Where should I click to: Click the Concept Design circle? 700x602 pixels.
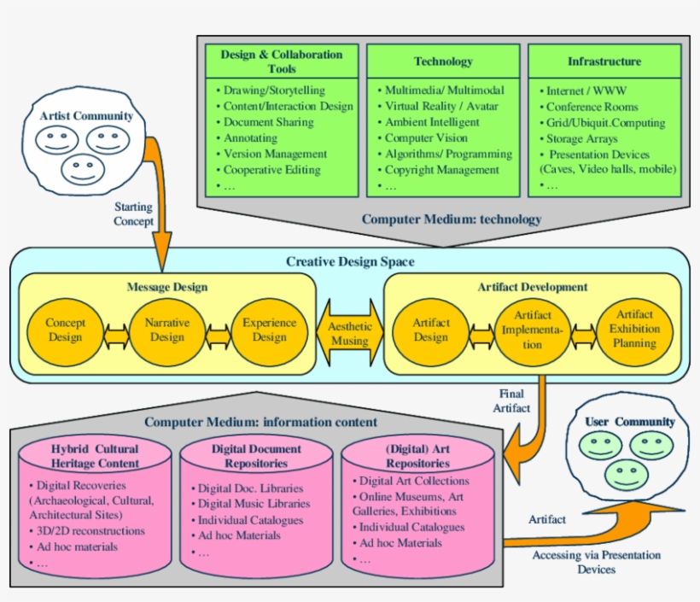pyautogui.click(x=65, y=330)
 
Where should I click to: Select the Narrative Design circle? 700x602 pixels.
pyautogui.click(x=167, y=330)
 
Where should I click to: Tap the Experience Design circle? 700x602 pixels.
pyautogui.click(x=270, y=330)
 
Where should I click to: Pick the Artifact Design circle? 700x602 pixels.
pyautogui.click(x=431, y=330)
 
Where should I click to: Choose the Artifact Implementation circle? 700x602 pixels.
pyautogui.click(x=533, y=330)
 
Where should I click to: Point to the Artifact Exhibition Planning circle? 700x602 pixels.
pyautogui.click(x=634, y=330)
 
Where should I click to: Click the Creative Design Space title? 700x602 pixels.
pyautogui.click(x=350, y=261)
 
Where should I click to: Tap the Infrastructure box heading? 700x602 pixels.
pyautogui.click(x=604, y=61)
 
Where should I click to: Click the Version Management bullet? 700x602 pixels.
pyautogui.click(x=274, y=154)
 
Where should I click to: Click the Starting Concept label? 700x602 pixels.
pyautogui.click(x=134, y=214)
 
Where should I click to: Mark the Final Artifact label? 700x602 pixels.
pyautogui.click(x=513, y=400)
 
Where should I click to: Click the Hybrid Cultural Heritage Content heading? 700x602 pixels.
pyautogui.click(x=94, y=456)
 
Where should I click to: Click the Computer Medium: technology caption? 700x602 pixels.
pyautogui.click(x=452, y=219)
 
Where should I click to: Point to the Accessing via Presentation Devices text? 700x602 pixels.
pyautogui.click(x=596, y=562)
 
